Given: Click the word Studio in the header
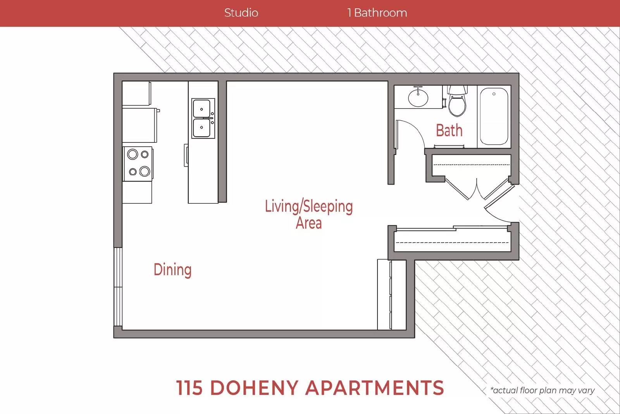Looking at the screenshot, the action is (241, 13).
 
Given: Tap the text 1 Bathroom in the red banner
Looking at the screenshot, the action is (377, 13).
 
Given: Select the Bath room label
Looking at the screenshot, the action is (449, 130).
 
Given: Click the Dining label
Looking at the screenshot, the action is (172, 270).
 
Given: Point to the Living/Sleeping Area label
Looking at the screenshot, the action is (309, 214).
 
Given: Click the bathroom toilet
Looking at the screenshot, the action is (457, 101).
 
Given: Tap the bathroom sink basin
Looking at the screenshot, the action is (418, 97).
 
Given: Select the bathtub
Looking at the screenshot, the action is (494, 116).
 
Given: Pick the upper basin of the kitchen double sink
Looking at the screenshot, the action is (201, 109).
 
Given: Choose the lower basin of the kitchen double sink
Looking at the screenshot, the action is (201, 128).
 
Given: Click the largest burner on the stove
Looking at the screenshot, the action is (145, 171).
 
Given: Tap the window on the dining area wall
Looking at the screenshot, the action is (118, 286).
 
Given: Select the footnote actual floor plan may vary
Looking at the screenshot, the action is (542, 390).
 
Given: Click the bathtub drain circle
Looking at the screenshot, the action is (494, 94).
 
